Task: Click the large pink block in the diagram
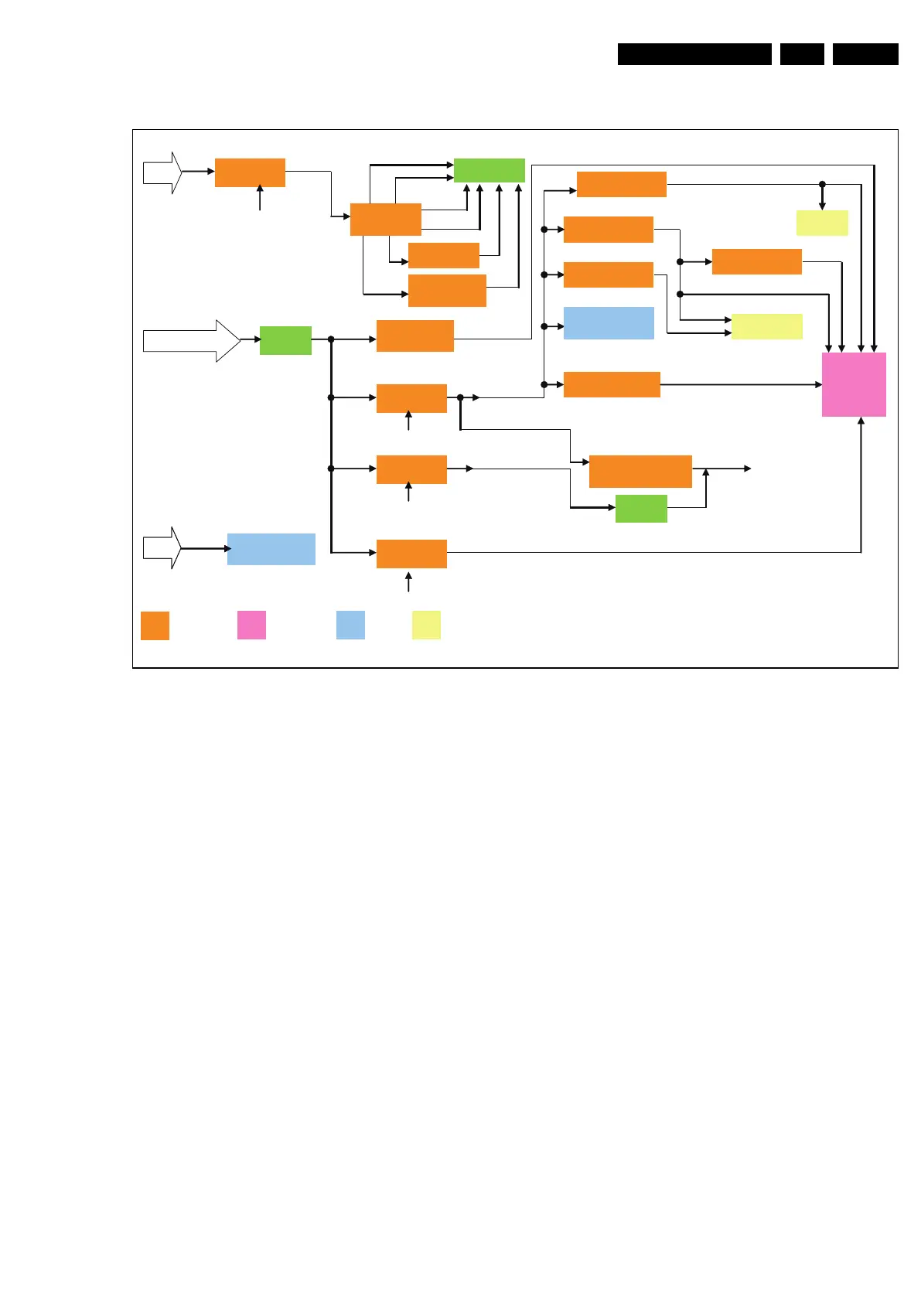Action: [x=854, y=384]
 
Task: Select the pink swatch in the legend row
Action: [x=251, y=625]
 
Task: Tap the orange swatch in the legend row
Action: [x=155, y=625]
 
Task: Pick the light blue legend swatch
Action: [x=350, y=625]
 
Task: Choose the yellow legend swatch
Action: [x=426, y=625]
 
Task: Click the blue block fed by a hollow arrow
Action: [x=271, y=549]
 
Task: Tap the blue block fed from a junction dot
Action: [x=609, y=323]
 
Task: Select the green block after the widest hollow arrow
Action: [x=285, y=340]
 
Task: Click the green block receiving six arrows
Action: [x=489, y=170]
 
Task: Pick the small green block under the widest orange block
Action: [x=641, y=509]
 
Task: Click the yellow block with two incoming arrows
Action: [x=766, y=326]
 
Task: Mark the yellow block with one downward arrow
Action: [x=822, y=223]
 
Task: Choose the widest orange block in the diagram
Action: [x=640, y=471]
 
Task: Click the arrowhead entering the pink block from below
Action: [x=861, y=421]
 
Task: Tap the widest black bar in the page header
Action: [x=694, y=54]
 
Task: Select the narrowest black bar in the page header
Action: [x=802, y=54]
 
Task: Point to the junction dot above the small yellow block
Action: [x=822, y=184]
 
